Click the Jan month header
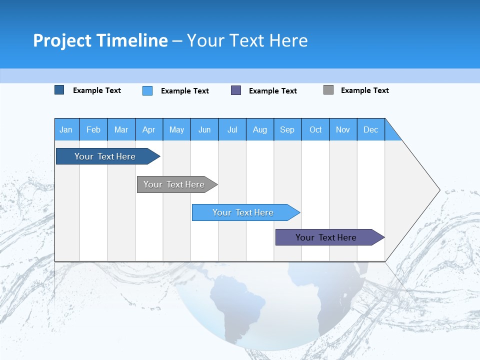click(66, 129)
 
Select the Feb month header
click(93, 129)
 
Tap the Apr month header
click(149, 129)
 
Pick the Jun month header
click(204, 129)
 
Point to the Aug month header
click(260, 129)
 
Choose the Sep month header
click(287, 129)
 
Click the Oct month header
click(315, 129)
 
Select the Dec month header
click(371, 129)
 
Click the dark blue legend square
click(59, 90)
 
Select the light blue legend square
click(147, 90)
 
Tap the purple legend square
click(236, 90)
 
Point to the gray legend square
click(328, 90)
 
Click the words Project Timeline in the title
click(100, 40)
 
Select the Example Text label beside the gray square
click(364, 90)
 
